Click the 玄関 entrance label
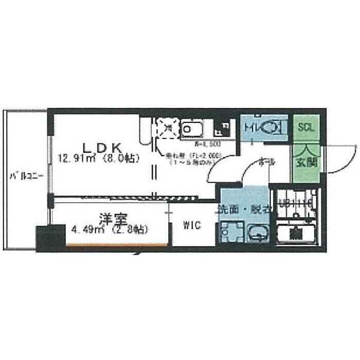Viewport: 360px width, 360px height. pos(306,163)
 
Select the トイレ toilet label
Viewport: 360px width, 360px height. pos(252,127)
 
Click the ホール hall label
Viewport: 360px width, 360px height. pos(267,161)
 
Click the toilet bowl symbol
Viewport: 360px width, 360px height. pos(273,127)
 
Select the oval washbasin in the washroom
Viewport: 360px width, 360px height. pos(257,234)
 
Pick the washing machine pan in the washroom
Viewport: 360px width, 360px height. pos(227,232)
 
